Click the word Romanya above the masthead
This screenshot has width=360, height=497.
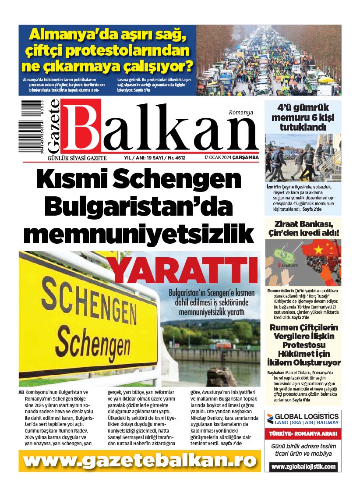[x=241, y=113]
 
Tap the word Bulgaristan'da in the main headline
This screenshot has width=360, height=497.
[x=138, y=207]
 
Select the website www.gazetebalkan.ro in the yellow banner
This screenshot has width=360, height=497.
[x=140, y=461]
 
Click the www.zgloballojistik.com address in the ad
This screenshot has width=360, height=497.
[x=303, y=467]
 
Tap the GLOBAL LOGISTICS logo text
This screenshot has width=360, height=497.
[x=306, y=416]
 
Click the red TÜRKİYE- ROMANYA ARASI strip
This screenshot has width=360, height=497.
[x=303, y=433]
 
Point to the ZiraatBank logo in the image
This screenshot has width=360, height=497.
[x=287, y=266]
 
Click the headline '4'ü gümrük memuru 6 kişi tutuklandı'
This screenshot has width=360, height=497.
[x=303, y=117]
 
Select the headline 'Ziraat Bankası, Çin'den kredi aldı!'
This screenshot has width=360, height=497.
[x=303, y=228]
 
